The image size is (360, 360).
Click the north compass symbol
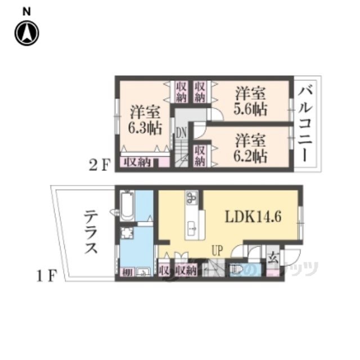(26, 33)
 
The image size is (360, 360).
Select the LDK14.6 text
(254, 217)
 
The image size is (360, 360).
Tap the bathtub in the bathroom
(126, 206)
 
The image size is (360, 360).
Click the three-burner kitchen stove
(191, 198)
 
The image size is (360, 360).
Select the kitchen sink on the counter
(192, 228)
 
